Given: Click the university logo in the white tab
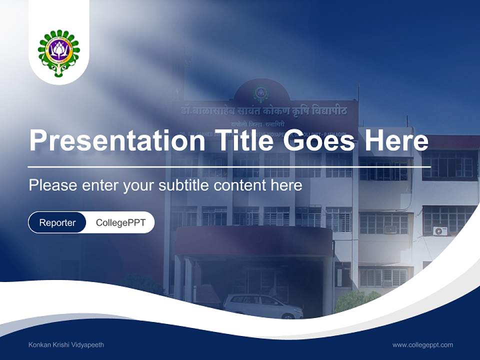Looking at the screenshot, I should tap(59, 53).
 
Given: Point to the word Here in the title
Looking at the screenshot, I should tap(396, 140).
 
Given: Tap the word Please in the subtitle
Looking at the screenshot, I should tap(52, 185).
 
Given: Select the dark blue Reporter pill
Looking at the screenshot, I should tap(57, 222).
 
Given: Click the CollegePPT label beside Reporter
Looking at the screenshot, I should tap(120, 222).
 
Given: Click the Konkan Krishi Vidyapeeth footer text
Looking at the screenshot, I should tap(66, 344).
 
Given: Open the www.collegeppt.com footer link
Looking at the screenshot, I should tap(422, 344).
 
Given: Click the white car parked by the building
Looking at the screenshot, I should tap(262, 305).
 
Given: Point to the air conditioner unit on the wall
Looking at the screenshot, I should tap(440, 230).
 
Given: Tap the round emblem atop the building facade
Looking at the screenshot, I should tap(260, 93).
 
